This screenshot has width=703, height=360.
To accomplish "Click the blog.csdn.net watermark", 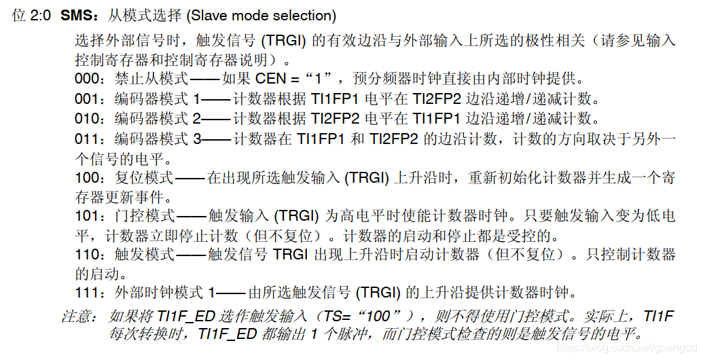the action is click(625, 347).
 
